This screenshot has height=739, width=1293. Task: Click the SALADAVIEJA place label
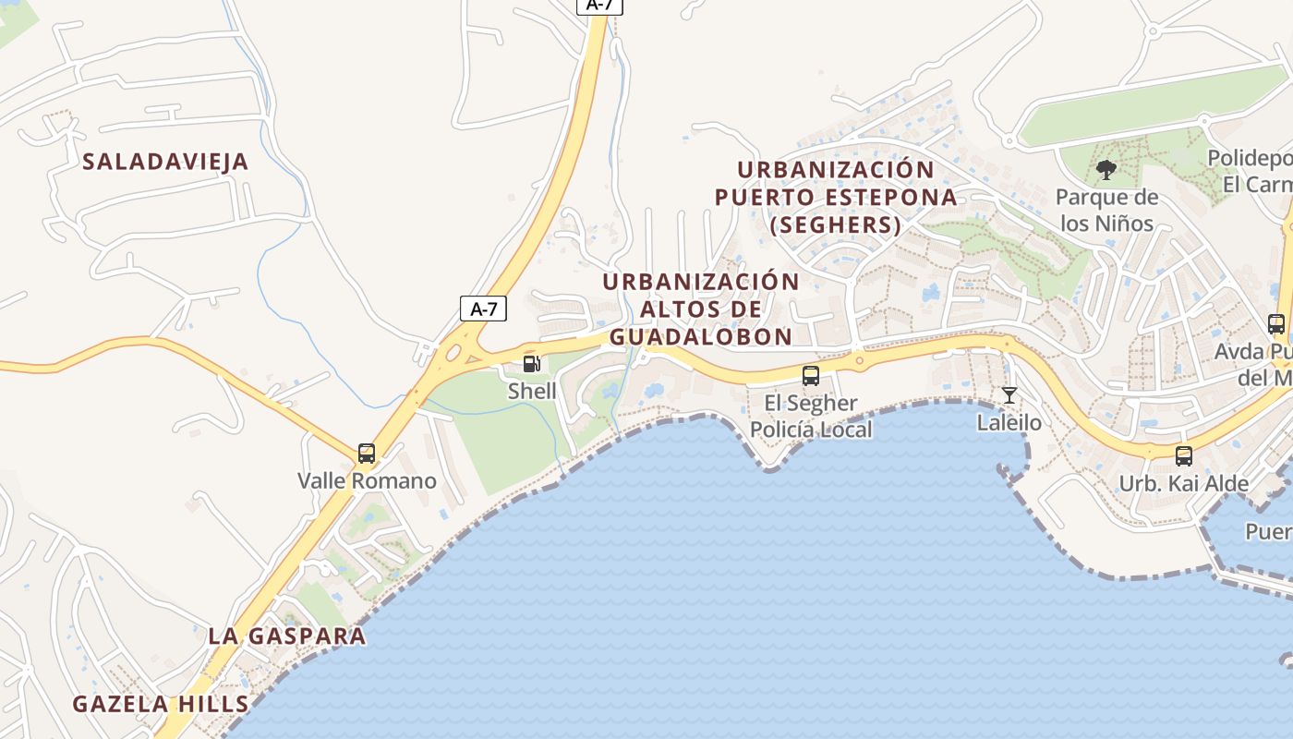coord(165,162)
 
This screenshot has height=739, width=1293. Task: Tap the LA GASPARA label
coord(286,636)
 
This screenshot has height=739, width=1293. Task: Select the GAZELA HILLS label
coord(161,704)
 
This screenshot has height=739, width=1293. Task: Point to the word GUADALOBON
coord(701,336)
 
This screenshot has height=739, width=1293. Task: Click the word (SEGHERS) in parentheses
coord(835,224)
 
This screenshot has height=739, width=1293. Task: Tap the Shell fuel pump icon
coord(531,364)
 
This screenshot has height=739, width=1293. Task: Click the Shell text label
coord(532,391)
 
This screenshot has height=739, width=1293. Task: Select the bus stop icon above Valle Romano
coord(367,454)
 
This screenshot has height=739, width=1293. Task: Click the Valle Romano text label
coord(367,480)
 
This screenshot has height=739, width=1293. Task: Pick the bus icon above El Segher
coord(811,376)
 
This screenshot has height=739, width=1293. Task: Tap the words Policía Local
coord(811,429)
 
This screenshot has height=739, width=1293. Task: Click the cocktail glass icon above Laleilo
coord(1009,395)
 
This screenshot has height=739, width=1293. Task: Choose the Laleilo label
coord(1009,423)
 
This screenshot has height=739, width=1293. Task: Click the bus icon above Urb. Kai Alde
coord(1184,455)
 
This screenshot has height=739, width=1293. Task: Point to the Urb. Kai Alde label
coord(1184,483)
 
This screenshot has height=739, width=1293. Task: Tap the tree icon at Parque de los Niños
coord(1106,169)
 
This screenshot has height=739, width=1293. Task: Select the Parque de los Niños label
coord(1106,210)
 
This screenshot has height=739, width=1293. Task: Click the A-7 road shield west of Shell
coord(483,309)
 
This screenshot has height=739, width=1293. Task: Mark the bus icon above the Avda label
coord(1276,324)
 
